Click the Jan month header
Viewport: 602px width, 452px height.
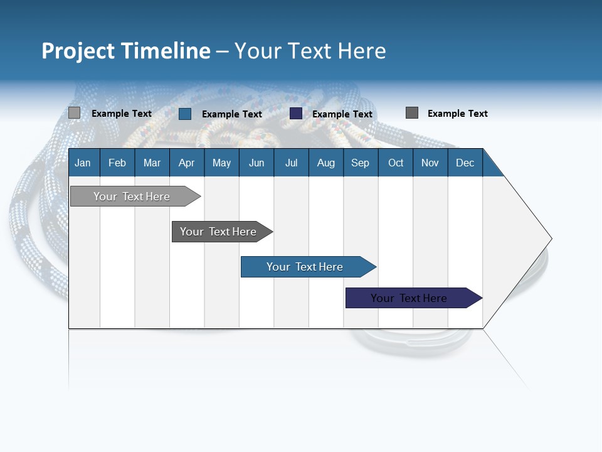point(83,163)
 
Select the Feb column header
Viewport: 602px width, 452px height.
point(117,163)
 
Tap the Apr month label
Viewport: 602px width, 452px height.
point(186,163)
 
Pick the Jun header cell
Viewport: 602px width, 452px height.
point(256,163)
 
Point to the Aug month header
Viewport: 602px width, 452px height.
point(325,163)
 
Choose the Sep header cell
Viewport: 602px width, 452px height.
point(360,163)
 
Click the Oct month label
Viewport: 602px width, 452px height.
point(396,163)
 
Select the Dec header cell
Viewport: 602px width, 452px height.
point(465,163)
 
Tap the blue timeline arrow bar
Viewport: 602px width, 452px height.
point(305,267)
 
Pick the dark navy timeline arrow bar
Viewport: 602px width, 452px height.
point(409,298)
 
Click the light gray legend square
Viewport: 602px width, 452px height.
point(74,113)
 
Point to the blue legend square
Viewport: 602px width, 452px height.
point(185,114)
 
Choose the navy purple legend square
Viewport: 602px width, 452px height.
point(296,114)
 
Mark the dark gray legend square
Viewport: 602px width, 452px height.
point(412,113)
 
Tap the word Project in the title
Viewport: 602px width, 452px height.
point(78,51)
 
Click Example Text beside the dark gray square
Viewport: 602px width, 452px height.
point(457,114)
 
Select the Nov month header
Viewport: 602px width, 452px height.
point(430,163)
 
